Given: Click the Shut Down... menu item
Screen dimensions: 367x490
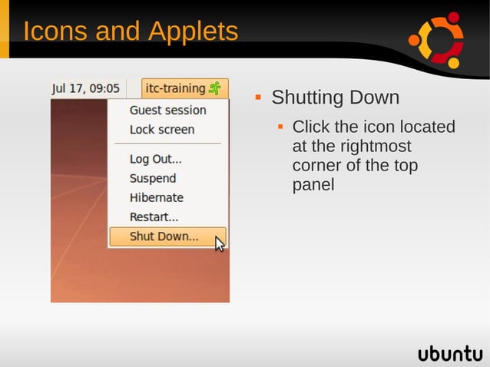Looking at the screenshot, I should click(x=164, y=236).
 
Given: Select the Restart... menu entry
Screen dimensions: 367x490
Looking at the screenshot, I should click(x=154, y=217).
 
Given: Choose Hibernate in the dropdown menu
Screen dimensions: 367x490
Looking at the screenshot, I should click(x=156, y=197).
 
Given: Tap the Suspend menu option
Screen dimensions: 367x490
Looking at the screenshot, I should click(x=153, y=178).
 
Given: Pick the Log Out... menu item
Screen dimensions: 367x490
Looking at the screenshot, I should click(x=155, y=159).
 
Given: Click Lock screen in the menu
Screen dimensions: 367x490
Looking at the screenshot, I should click(x=162, y=129).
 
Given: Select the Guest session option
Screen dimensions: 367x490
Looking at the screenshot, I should click(x=167, y=110).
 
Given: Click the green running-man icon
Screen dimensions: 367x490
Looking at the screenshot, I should click(x=215, y=88).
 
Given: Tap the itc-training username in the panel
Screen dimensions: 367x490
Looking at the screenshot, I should click(x=175, y=88).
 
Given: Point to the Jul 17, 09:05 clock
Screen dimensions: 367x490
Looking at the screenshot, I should click(x=86, y=88).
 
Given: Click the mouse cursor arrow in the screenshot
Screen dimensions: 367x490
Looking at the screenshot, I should click(x=220, y=244).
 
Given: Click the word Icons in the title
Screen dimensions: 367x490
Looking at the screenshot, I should click(x=59, y=31).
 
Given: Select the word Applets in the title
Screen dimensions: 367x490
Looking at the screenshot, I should click(x=193, y=31).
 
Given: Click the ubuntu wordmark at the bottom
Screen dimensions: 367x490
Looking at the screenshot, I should click(x=450, y=353).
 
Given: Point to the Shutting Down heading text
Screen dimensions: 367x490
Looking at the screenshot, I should click(x=335, y=98).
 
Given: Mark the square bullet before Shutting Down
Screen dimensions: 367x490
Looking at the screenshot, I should click(x=259, y=98).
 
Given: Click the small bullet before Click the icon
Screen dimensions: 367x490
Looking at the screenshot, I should click(x=281, y=125).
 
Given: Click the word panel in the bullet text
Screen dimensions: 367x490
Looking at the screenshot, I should click(x=313, y=185).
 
